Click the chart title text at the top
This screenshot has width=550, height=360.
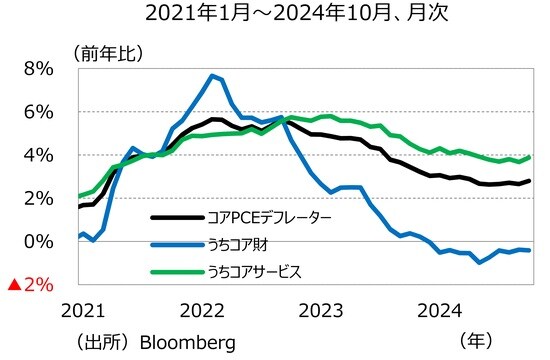(x=276, y=15)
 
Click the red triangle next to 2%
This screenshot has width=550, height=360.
(x=14, y=285)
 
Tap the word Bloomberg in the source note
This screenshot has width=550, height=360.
(x=189, y=342)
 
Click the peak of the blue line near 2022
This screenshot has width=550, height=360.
(x=213, y=75)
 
